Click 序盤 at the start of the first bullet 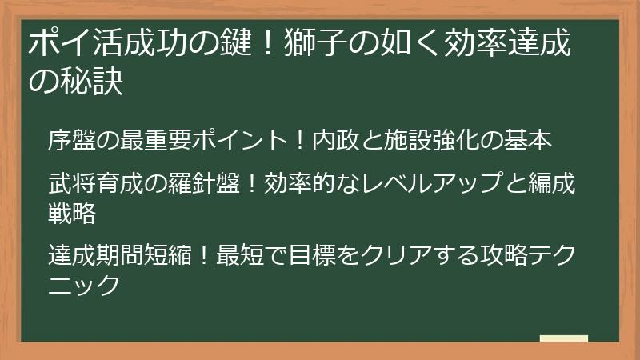(70, 141)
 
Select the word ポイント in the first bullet (236, 141)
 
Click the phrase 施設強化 (423, 141)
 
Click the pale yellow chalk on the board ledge (563, 339)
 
